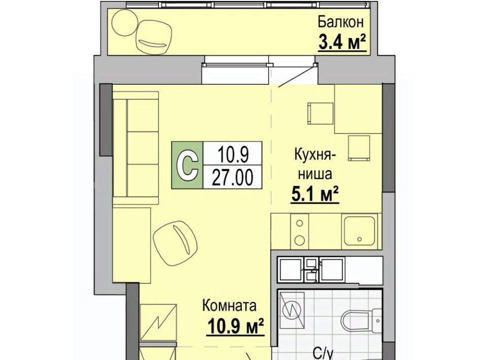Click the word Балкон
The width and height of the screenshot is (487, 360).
point(341,23)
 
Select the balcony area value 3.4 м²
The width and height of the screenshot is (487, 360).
point(342,43)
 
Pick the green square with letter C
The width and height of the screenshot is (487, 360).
point(187,165)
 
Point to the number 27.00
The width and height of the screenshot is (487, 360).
point(232,178)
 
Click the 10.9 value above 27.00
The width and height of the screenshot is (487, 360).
point(233,154)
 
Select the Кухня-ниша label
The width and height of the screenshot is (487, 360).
point(315,164)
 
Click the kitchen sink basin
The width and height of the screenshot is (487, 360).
point(360,231)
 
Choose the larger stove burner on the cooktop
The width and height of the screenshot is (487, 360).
point(299,240)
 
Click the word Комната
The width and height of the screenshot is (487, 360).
point(229,306)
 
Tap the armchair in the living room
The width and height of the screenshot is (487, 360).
point(176,243)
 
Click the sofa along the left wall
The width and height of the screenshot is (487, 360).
point(136,148)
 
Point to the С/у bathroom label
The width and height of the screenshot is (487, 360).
point(323,354)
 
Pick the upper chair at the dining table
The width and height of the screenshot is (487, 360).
point(320,113)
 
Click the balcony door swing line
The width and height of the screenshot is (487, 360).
point(297,76)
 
